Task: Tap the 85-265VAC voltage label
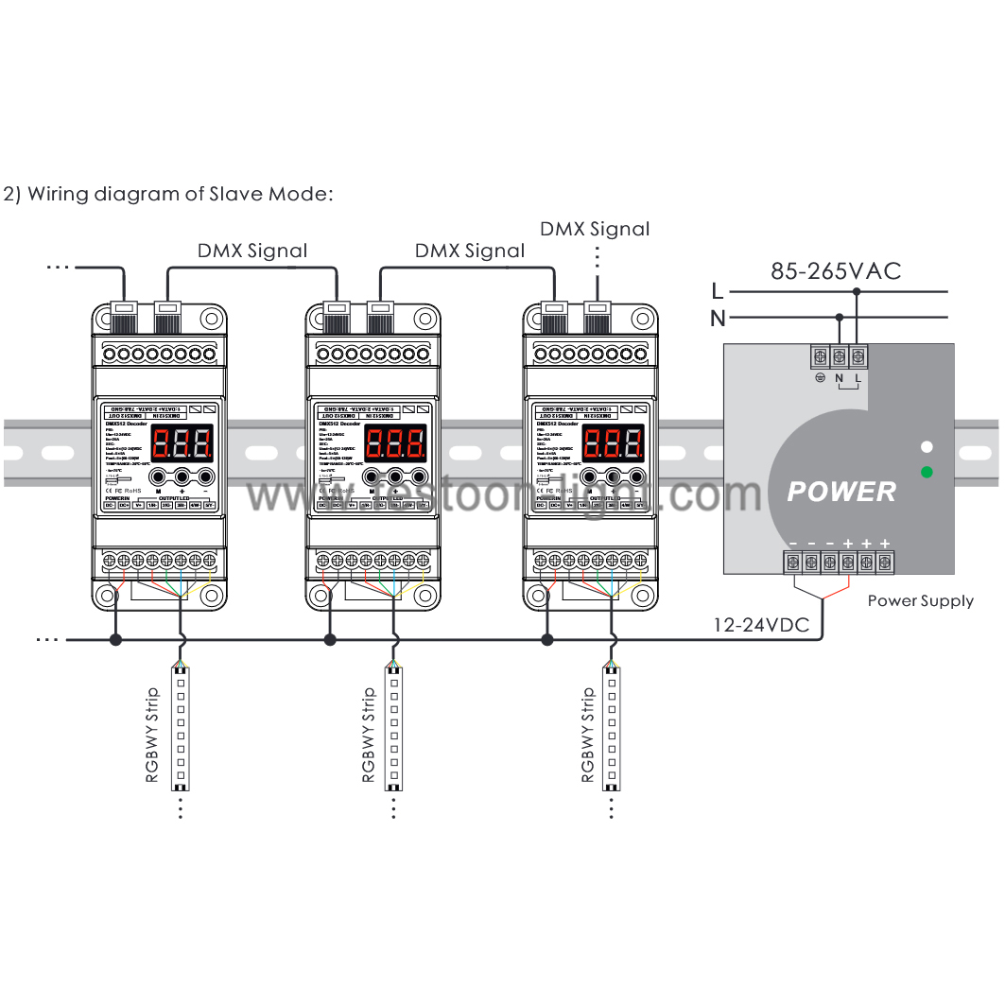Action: point(836,271)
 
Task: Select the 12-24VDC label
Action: point(761,624)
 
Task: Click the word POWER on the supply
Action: point(841,492)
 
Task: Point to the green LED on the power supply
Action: point(927,472)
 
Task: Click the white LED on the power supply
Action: point(927,446)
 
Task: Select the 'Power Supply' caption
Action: point(920,600)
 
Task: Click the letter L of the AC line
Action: point(718,290)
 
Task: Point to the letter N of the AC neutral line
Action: point(718,319)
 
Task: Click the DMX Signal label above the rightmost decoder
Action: point(595,229)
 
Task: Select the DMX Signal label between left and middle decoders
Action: point(251,251)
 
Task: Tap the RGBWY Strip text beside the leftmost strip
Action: point(152,736)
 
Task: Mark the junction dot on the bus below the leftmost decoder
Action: point(115,640)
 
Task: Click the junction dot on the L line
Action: point(857,292)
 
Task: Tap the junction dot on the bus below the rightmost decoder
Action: point(546,640)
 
